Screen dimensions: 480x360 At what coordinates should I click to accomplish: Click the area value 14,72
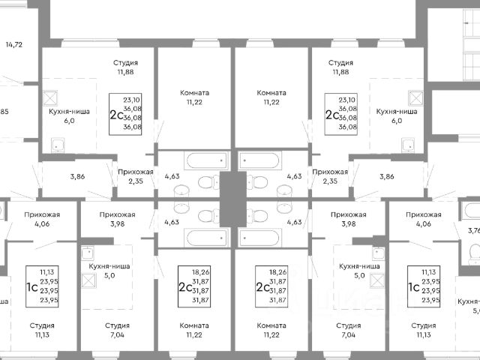coord(13,45)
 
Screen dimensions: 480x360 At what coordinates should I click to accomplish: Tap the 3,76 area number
coord(472,231)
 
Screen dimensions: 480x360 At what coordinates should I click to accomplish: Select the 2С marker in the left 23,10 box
coord(117,114)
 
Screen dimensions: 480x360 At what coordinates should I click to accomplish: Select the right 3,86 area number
coord(386,176)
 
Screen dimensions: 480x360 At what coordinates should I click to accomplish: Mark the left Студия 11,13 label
coord(46,331)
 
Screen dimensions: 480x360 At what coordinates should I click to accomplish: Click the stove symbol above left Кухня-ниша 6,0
coord(53,97)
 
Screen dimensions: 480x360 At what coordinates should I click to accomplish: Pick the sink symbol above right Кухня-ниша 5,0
coord(378,253)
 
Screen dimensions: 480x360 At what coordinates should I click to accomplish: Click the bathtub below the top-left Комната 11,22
coord(205,160)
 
